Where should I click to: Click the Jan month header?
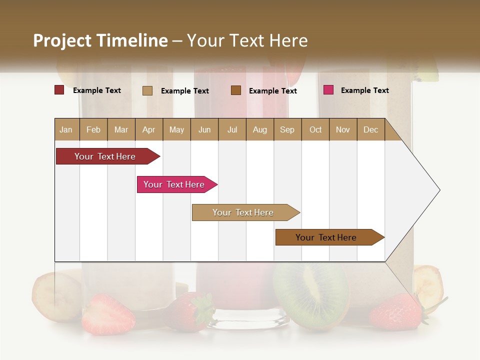(66, 129)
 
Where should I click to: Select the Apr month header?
(149, 129)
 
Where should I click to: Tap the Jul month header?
(232, 129)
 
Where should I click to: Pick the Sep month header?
(287, 129)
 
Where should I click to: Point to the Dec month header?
(370, 129)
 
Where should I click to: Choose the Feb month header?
(93, 129)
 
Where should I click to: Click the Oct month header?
(315, 129)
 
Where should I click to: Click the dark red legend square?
(59, 90)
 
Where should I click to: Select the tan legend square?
(147, 90)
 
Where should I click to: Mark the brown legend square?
(236, 90)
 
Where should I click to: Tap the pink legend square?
(328, 90)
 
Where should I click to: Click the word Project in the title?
(62, 41)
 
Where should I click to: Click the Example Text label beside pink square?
(364, 90)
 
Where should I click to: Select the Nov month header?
(343, 129)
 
